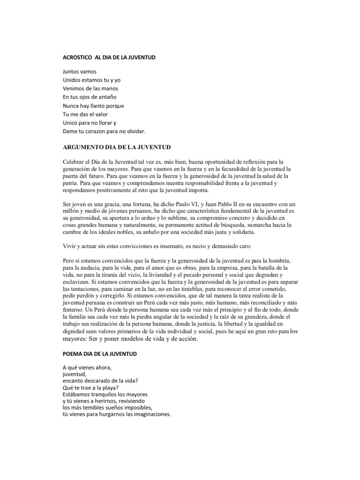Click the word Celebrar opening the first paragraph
coord(74,162)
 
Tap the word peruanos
coord(127,211)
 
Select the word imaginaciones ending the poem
coord(150,414)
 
